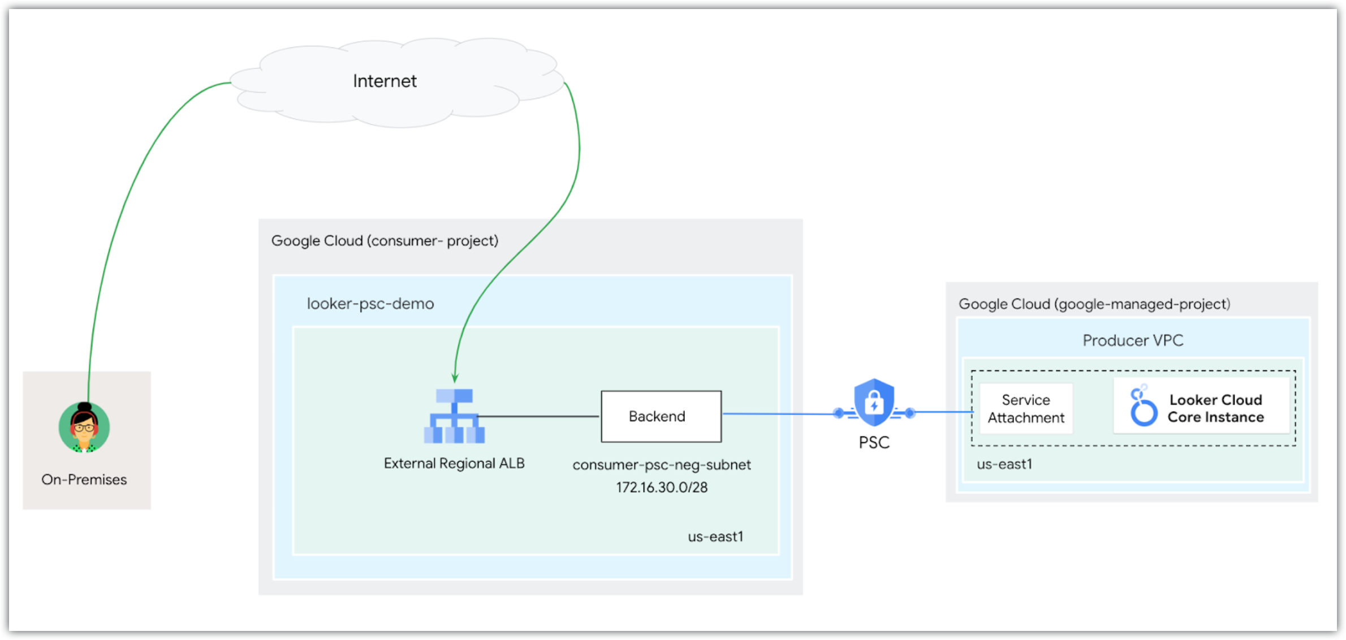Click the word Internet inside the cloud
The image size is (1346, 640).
coord(385,81)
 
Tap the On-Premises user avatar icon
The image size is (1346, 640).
coord(84,427)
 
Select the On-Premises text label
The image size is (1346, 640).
coord(84,479)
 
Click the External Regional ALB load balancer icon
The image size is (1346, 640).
coord(454,416)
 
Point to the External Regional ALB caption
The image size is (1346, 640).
coord(454,464)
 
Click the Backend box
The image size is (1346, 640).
coord(661,417)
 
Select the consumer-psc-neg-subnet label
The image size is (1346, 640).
coord(661,465)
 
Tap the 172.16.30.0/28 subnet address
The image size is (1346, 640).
coord(661,487)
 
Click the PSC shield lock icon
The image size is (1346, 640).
coord(874,403)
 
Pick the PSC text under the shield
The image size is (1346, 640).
coord(874,443)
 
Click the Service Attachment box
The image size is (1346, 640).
coord(1025,409)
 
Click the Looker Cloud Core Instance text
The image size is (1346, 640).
coord(1215,409)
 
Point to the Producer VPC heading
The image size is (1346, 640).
coord(1132,340)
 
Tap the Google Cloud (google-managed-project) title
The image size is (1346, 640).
coord(1094,304)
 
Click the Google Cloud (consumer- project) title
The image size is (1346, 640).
coord(385,241)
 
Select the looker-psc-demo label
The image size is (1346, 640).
coord(370,304)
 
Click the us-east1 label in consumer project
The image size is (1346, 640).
coord(715,537)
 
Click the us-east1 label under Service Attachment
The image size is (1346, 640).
coord(1004,464)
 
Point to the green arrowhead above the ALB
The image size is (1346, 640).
coord(455,378)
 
